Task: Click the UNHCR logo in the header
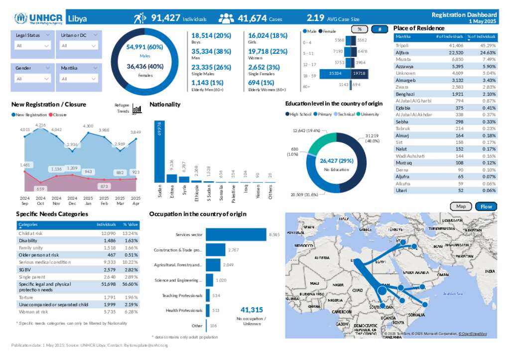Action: click(38, 19)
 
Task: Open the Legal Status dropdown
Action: click(33, 45)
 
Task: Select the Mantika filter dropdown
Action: click(78, 79)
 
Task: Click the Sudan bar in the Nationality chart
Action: click(159, 151)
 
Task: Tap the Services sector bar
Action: click(236, 234)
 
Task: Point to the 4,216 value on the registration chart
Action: click(41, 125)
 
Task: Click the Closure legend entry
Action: click(58, 115)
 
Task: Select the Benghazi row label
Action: click(405, 94)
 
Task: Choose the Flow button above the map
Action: click(486, 206)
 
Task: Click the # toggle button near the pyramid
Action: click(380, 29)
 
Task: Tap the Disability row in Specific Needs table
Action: click(28, 240)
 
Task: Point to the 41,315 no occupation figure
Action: click(251, 310)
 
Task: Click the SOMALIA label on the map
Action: click(417, 314)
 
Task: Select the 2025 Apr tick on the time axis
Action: click(135, 200)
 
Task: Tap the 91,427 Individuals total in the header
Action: click(166, 18)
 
